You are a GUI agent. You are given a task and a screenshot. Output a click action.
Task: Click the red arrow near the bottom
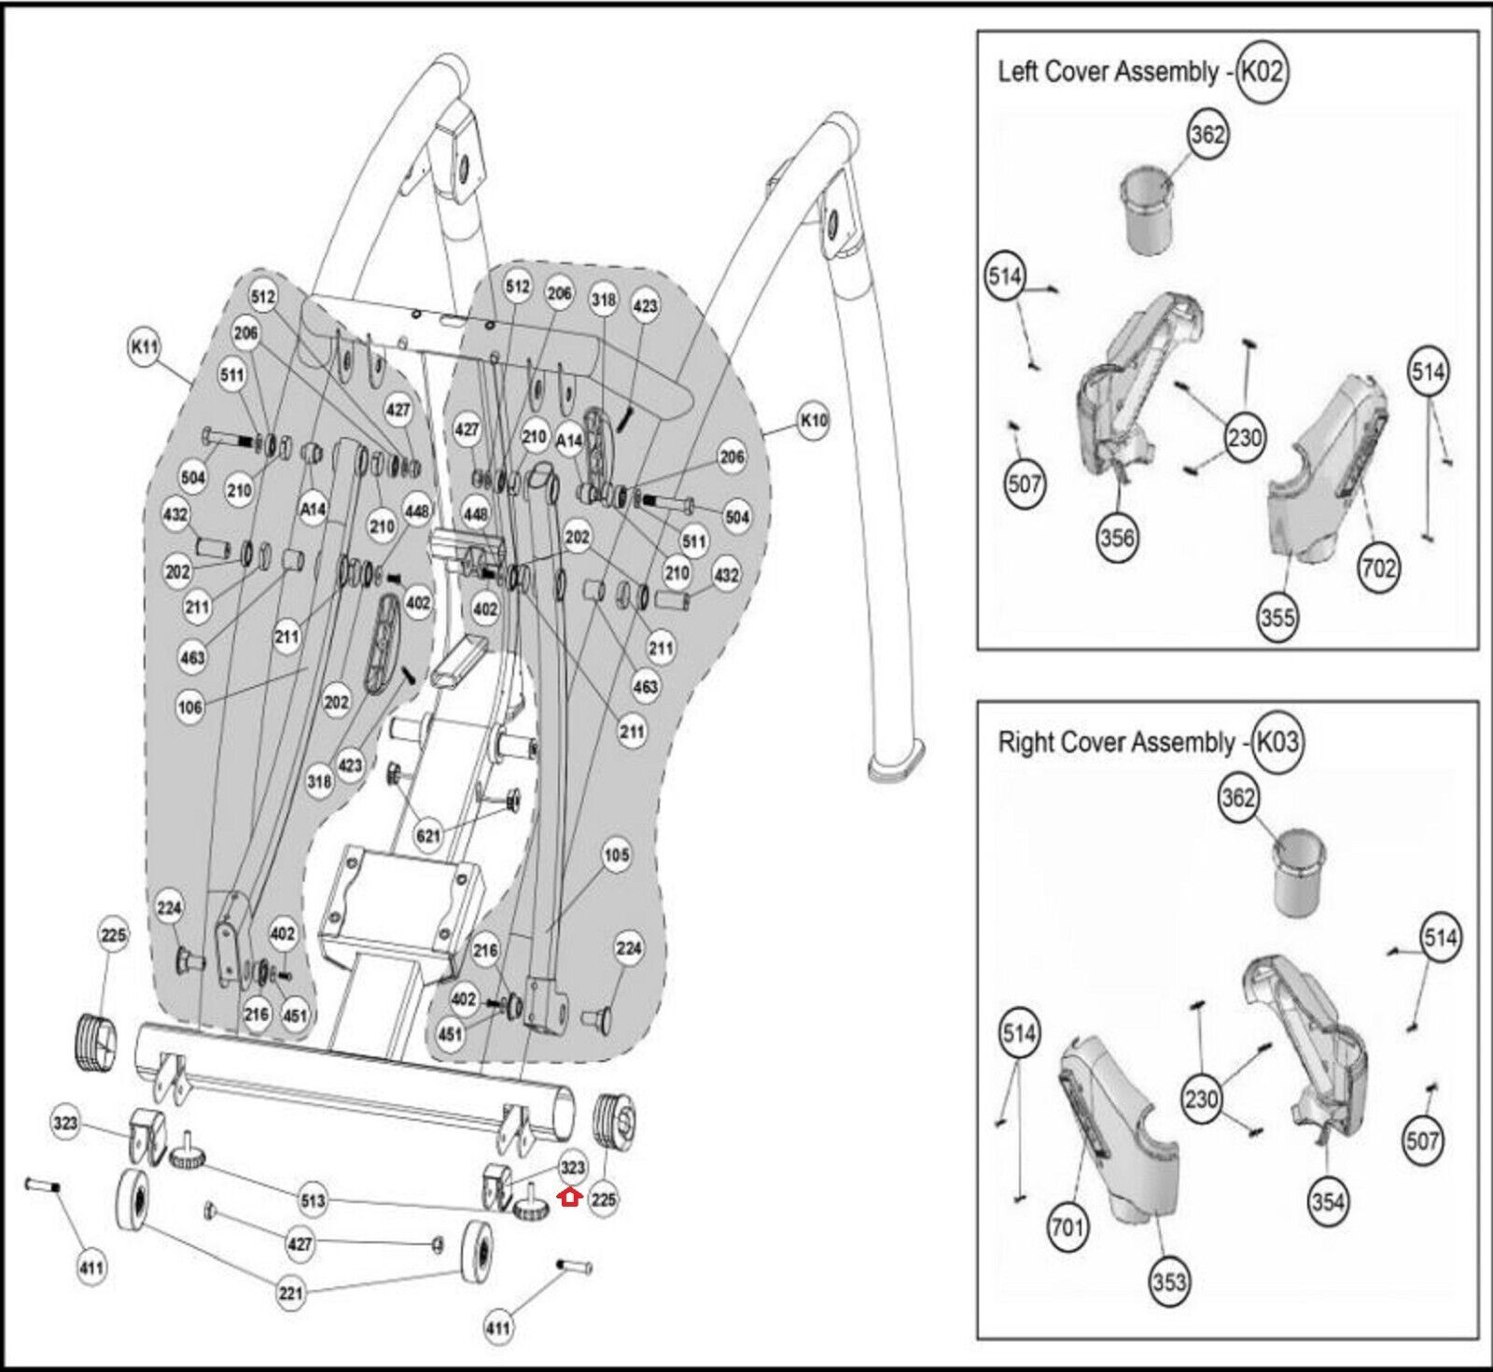point(569,1197)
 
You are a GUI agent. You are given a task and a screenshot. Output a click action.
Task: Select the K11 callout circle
point(145,347)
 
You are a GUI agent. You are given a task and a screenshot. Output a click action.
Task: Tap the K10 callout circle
point(814,420)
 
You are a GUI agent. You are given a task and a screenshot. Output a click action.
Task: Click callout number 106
point(189,707)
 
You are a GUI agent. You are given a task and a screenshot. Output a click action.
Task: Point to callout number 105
point(617,855)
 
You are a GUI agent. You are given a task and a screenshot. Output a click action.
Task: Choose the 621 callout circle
point(427,835)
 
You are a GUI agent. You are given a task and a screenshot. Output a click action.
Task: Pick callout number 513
point(312,1199)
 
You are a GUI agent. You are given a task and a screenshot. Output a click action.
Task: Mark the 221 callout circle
point(290,1294)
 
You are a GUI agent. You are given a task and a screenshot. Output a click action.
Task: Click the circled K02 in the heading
point(1262,72)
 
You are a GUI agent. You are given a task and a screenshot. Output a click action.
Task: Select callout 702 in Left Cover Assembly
point(1378,567)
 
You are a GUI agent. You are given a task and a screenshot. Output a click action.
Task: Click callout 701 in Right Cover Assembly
point(1067,1224)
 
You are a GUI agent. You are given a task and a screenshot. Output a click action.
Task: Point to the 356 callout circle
point(1116,537)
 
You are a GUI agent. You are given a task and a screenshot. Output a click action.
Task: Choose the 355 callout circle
point(1277,617)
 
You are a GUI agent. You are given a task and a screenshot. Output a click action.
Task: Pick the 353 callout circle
point(1169,1281)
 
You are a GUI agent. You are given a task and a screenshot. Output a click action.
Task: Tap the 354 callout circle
point(1327,1201)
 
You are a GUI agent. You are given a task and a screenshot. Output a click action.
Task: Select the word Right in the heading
point(1023,743)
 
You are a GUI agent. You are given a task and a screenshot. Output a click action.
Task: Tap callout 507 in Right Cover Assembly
point(1422,1140)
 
